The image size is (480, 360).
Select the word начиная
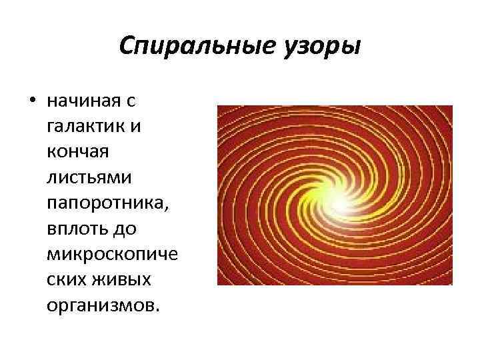point(83,101)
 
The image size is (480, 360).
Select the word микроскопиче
point(114,255)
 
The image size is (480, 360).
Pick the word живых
point(125,280)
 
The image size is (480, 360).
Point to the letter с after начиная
point(131,102)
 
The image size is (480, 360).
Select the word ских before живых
point(70,280)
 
